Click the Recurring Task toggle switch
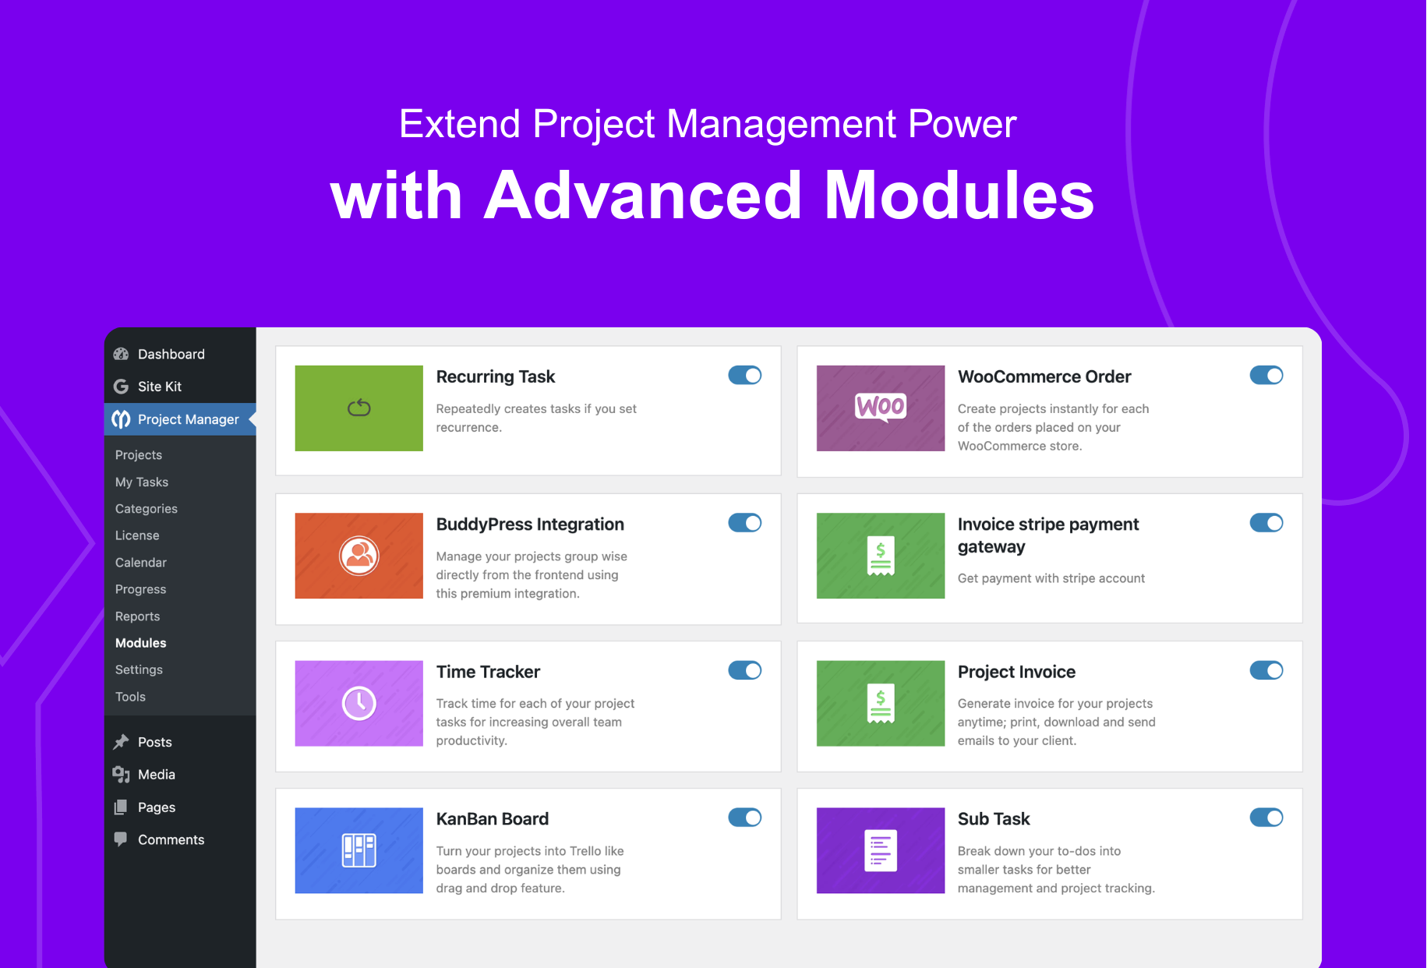(x=744, y=376)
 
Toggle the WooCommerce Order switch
(x=1266, y=376)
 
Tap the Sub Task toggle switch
(x=1266, y=818)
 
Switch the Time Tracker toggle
(x=744, y=670)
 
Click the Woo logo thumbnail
(x=881, y=407)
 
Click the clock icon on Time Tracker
(x=359, y=703)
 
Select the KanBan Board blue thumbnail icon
(x=359, y=850)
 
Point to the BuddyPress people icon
(x=359, y=556)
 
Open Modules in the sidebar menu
(x=141, y=643)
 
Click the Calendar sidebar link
(x=141, y=563)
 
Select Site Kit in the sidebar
(x=159, y=387)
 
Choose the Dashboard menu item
(x=171, y=354)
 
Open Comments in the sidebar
(x=171, y=839)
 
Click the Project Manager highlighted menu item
(x=188, y=419)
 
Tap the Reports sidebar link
(x=138, y=616)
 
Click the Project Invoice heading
(x=1016, y=672)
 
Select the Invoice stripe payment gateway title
(x=1047, y=535)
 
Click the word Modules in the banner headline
(x=959, y=196)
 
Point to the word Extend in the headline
(x=459, y=124)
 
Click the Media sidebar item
(x=156, y=775)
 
